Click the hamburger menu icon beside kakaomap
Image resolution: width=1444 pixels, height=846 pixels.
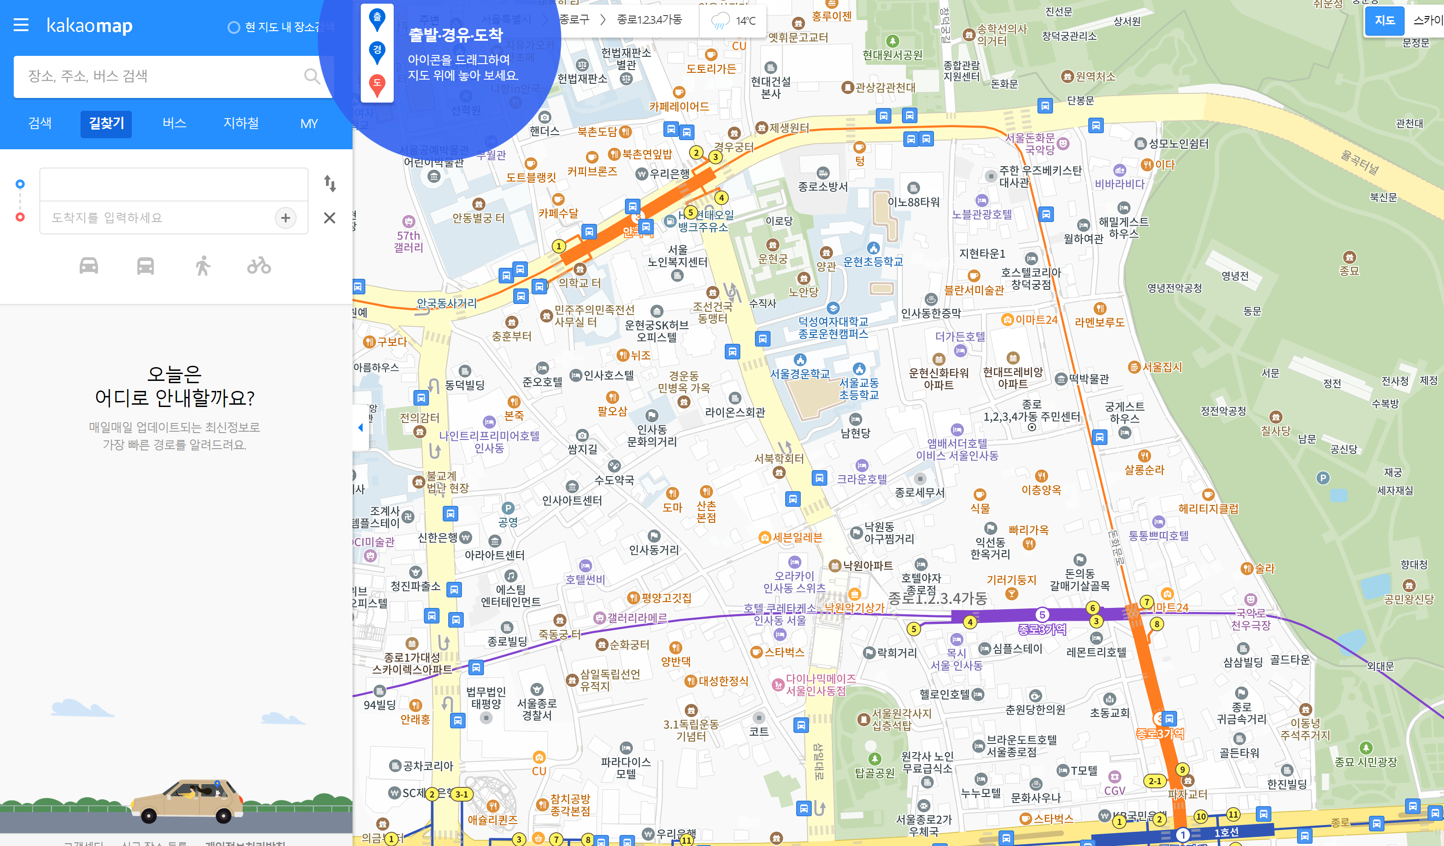[x=21, y=25]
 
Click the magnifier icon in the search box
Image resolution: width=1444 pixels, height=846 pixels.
[x=311, y=76]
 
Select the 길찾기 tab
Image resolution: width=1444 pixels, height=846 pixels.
[x=106, y=124]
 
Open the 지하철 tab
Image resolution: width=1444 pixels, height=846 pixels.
[x=241, y=124]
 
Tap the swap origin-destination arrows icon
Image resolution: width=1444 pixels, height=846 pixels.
[x=330, y=184]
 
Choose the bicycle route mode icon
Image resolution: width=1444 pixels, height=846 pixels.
[x=259, y=266]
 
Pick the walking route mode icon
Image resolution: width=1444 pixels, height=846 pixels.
[x=202, y=266]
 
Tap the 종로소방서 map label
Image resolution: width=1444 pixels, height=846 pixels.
[x=822, y=186]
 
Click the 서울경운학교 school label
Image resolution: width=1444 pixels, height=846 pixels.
[x=799, y=374]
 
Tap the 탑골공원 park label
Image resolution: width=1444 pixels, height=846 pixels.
[x=874, y=773]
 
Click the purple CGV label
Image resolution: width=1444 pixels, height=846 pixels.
[x=1114, y=791]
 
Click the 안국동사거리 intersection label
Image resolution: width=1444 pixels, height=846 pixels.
[x=446, y=303]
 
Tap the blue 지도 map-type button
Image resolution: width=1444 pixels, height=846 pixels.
[x=1384, y=21]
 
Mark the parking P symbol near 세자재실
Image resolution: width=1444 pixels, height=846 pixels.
[x=1323, y=477]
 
